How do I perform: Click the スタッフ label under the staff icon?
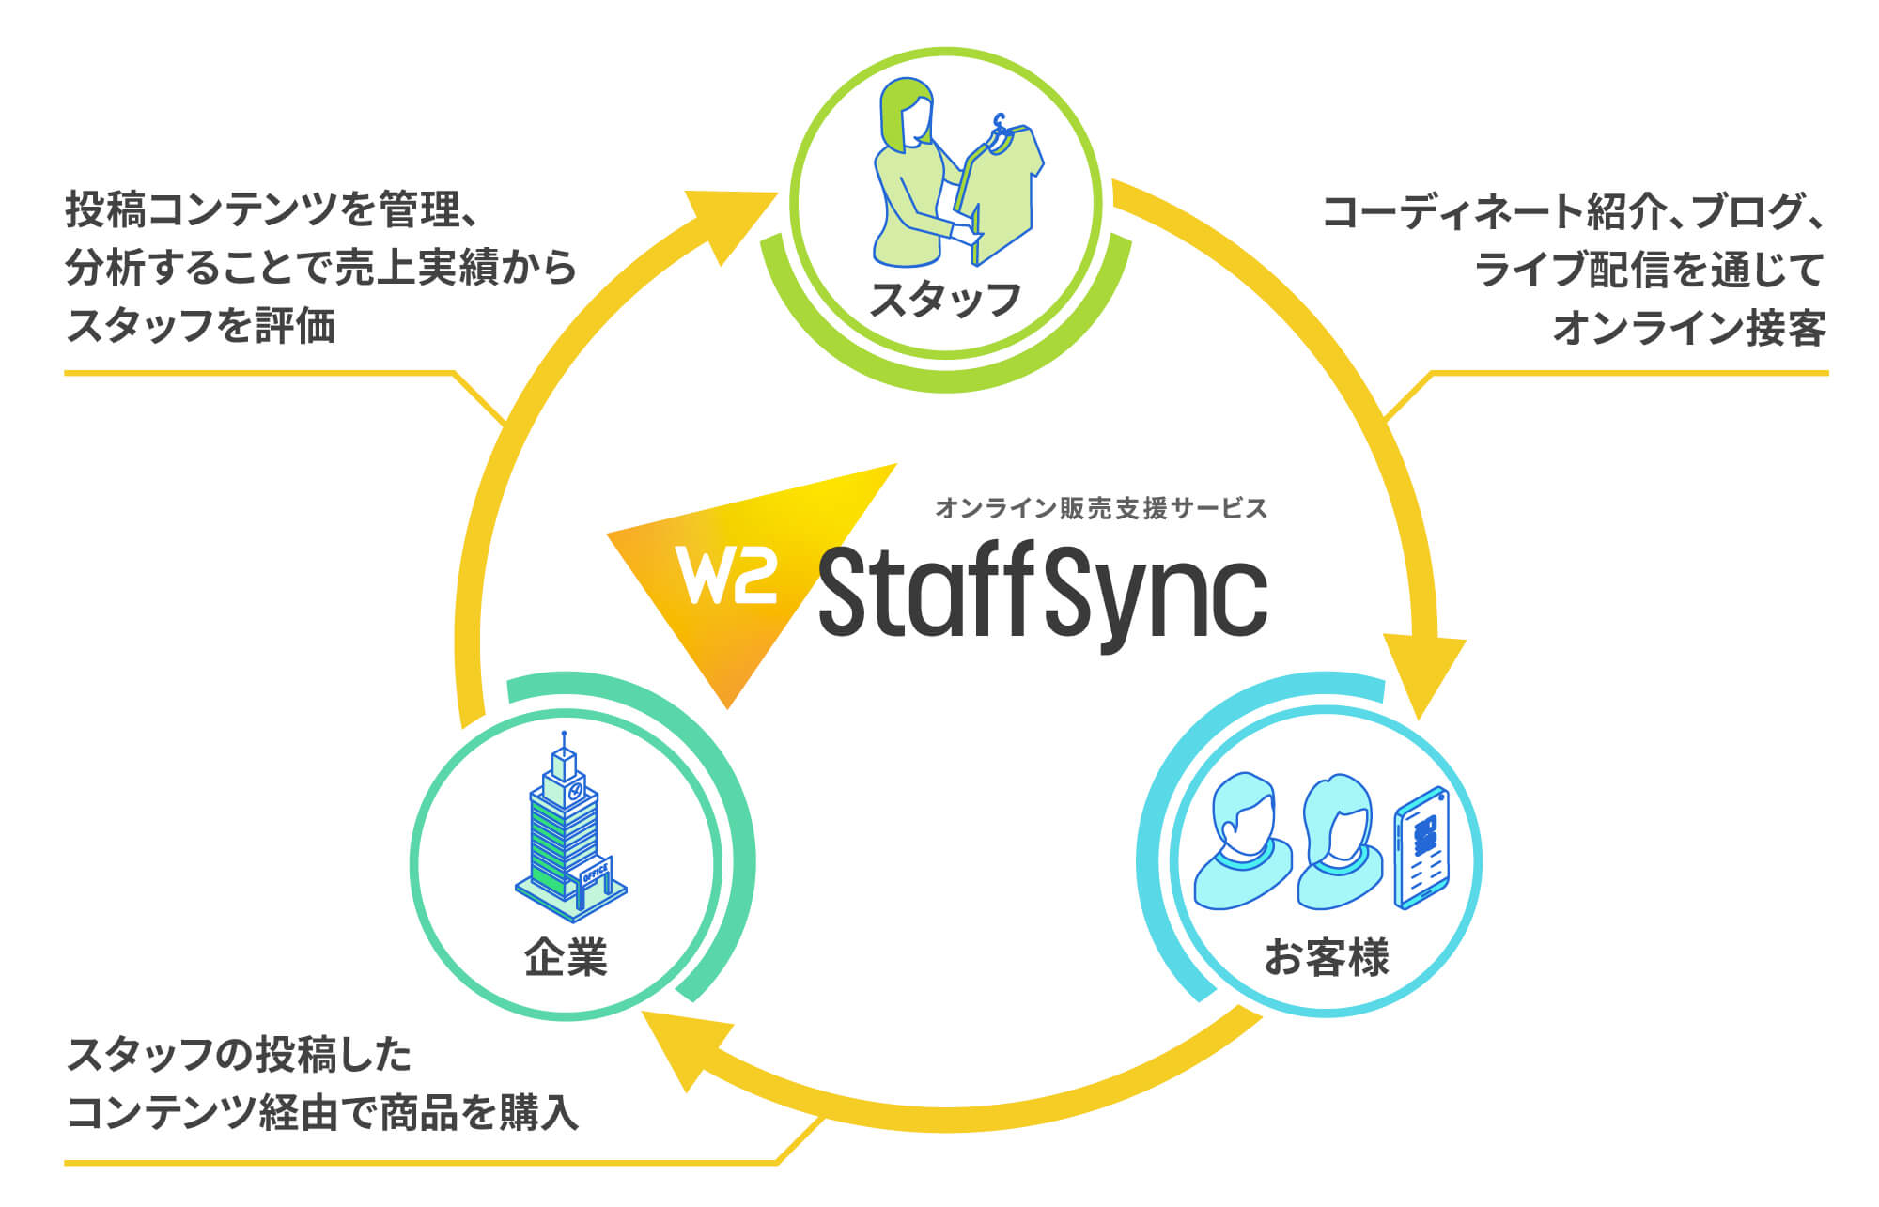(945, 299)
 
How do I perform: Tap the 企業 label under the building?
(566, 957)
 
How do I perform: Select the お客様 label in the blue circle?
(1326, 957)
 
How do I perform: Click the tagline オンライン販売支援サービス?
(1101, 508)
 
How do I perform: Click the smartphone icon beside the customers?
(1421, 848)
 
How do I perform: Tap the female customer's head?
(1339, 816)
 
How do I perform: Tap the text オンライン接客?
(1689, 328)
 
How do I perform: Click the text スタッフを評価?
(201, 326)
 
